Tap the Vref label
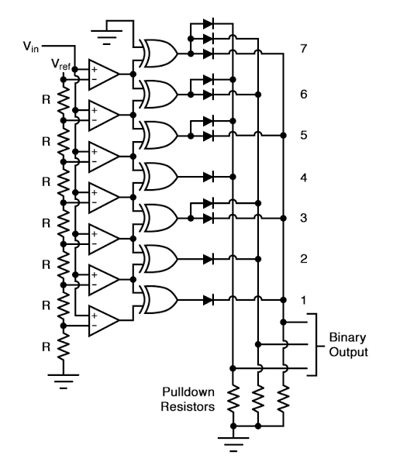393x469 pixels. pos(61,63)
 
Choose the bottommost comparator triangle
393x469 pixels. pos(103,321)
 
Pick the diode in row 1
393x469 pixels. pos(209,300)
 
